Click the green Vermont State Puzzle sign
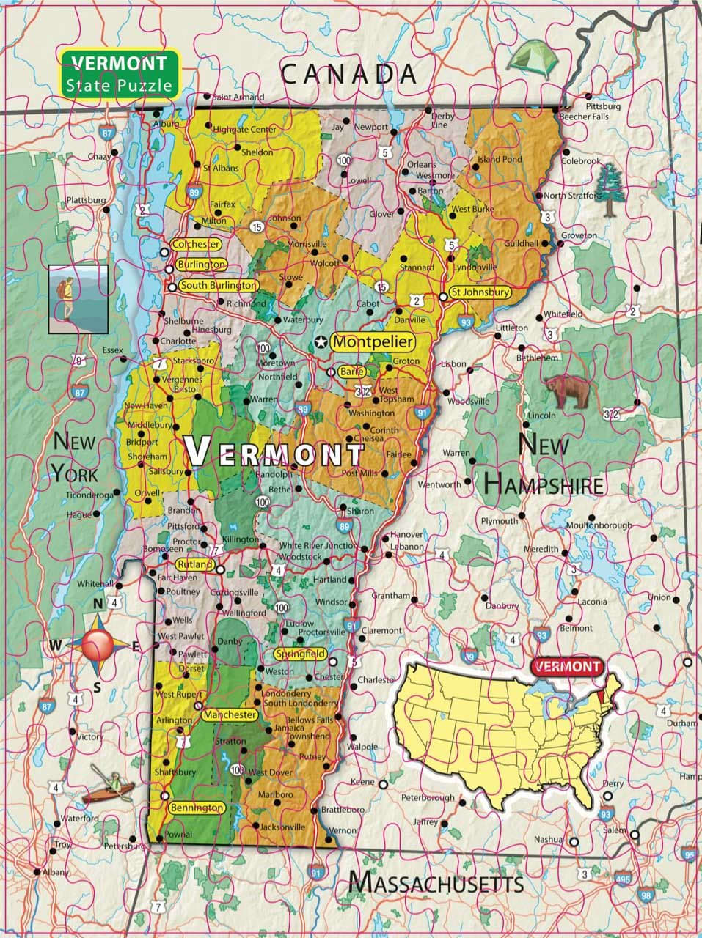pos(119,73)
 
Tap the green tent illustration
pos(533,59)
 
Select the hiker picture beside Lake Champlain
pos(78,299)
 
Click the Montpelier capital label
pos(372,341)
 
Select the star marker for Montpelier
pos(321,342)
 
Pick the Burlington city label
pos(200,264)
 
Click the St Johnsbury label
pos(480,292)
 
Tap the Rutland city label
pos(194,564)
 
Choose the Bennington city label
pos(196,808)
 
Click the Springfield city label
pos(299,653)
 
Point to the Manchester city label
pos(230,714)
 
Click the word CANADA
pos(348,73)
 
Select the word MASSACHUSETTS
pos(436,882)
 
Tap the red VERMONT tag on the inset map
pos(566,666)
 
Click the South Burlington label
pos(218,285)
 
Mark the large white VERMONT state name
pos(274,451)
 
